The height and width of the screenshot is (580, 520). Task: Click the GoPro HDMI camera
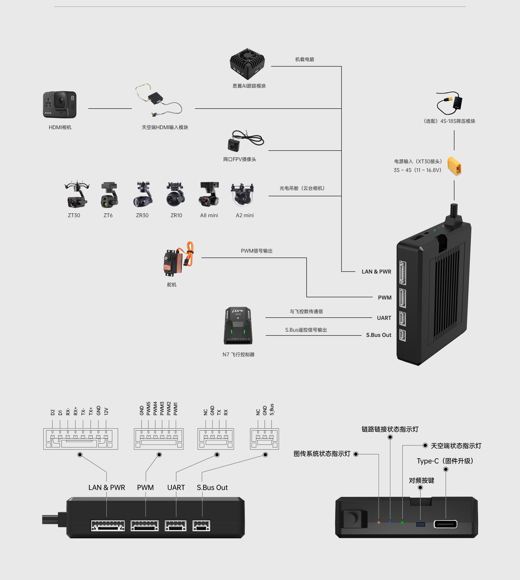point(60,105)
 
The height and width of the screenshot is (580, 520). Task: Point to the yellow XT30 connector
point(454,166)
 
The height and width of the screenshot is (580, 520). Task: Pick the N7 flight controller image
point(238,326)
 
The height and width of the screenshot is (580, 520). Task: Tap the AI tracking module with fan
point(248,64)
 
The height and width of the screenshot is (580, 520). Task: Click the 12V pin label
point(106,411)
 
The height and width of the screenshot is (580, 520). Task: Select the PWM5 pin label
point(148,409)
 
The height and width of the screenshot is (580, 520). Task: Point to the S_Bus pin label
point(272,409)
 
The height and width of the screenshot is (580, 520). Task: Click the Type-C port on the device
point(446,524)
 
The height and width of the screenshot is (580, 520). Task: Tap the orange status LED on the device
point(379,523)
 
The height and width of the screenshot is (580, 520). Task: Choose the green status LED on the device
point(402,523)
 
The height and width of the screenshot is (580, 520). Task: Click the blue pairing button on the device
point(421,524)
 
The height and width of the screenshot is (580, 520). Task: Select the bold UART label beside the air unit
point(384,318)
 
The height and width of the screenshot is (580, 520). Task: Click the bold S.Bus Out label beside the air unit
point(379,335)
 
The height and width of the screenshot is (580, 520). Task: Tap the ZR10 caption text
point(176,216)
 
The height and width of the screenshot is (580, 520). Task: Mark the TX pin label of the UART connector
point(219,412)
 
